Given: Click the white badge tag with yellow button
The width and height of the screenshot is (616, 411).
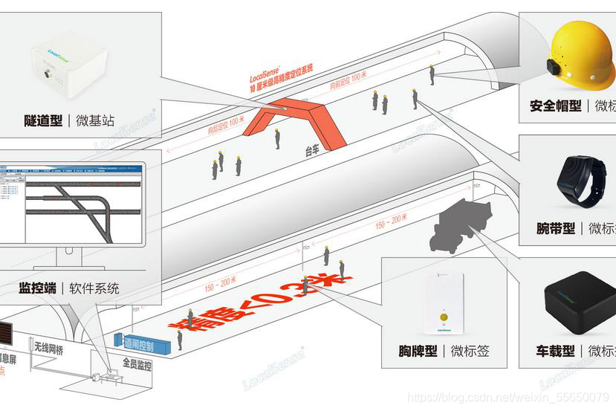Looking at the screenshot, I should [444, 304].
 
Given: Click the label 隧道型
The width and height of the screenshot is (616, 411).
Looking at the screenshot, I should [43, 119].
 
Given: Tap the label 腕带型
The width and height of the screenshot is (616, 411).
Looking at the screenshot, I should [555, 228].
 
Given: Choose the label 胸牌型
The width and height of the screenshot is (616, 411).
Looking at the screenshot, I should [417, 351].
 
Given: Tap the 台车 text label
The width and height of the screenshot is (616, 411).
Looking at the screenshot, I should [315, 151].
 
